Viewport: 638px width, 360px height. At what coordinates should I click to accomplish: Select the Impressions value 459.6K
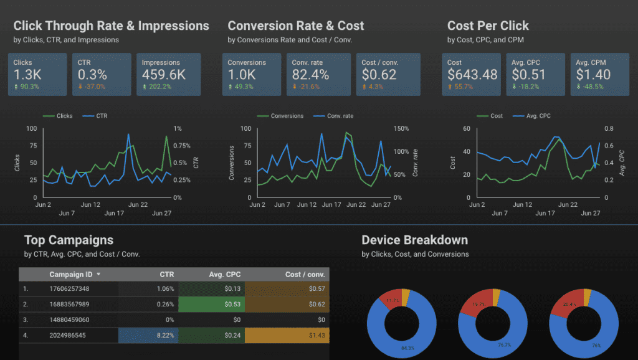[x=163, y=75]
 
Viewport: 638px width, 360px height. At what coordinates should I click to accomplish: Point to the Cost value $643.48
[x=472, y=75]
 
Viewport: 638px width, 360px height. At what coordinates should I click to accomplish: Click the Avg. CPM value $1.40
[x=593, y=75]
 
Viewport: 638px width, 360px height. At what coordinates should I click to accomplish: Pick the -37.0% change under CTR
[x=94, y=87]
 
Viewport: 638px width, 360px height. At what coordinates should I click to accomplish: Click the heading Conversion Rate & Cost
[x=296, y=26]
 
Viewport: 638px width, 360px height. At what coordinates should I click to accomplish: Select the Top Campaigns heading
[x=69, y=240]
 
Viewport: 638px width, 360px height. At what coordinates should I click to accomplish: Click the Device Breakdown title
[x=414, y=240]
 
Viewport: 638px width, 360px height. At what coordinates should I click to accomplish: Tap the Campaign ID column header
[x=72, y=274]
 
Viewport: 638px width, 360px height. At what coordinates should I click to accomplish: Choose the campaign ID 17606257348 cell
[x=69, y=288]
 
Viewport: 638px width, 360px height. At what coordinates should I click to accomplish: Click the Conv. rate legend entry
[x=335, y=116]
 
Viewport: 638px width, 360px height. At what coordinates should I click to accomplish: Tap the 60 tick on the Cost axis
[x=465, y=129]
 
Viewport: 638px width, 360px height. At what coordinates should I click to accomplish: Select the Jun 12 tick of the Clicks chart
[x=90, y=205]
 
